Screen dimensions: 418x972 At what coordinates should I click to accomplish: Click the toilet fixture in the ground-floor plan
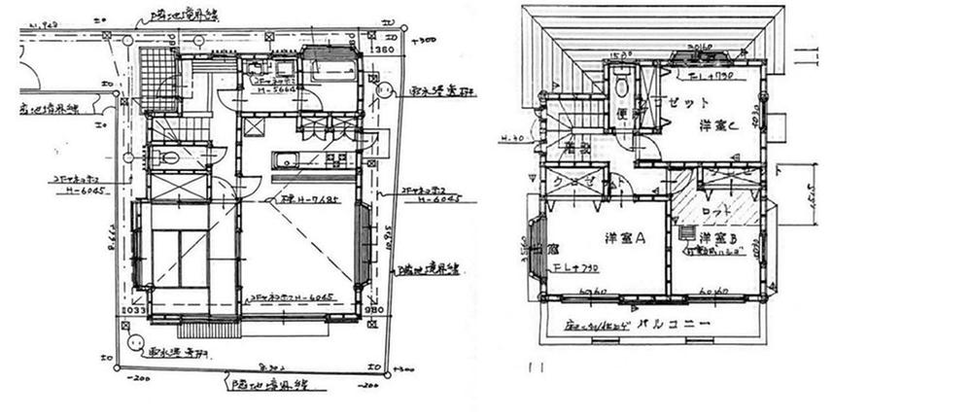[168, 157]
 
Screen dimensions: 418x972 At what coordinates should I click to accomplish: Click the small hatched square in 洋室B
[688, 234]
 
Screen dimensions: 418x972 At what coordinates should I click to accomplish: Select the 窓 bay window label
[552, 249]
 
